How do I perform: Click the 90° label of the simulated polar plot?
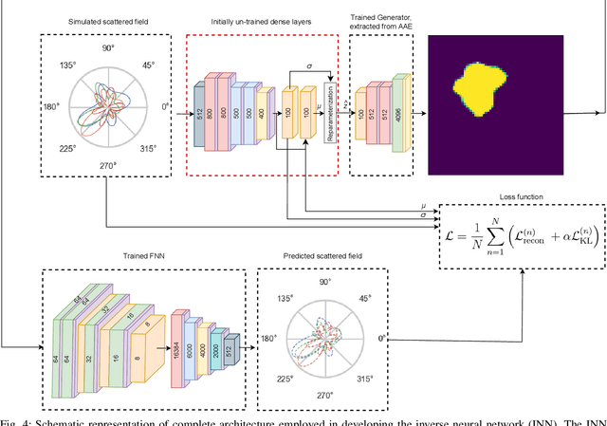pos(108,46)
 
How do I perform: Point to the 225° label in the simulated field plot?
pos(60,148)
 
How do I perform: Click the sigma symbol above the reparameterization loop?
pos(305,66)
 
